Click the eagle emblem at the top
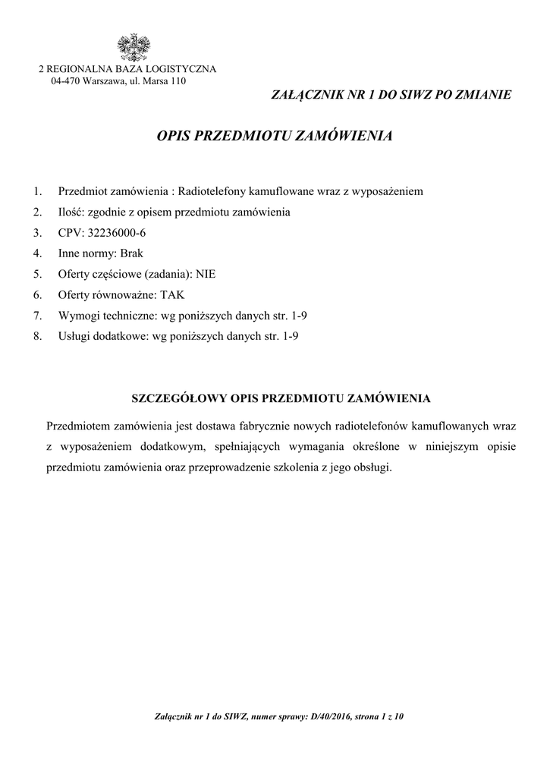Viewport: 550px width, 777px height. pyautogui.click(x=133, y=47)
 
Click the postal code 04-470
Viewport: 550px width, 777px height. pyautogui.click(x=64, y=80)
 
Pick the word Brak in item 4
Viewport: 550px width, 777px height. pyautogui.click(x=131, y=253)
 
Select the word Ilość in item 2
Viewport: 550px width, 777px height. pyautogui.click(x=71, y=211)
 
